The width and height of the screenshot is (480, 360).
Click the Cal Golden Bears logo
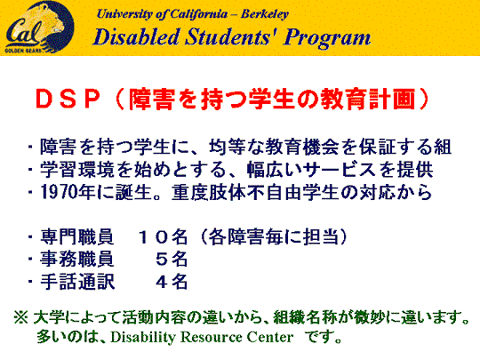[x=39, y=27]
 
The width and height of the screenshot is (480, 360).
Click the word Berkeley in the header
[x=265, y=14]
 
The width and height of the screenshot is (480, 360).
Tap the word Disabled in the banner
[x=136, y=37]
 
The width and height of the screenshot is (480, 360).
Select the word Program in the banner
[x=326, y=38]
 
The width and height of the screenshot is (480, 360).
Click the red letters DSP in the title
[x=68, y=100]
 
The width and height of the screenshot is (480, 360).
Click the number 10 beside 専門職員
[x=153, y=237]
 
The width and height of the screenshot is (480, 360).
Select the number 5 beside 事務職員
[x=162, y=260]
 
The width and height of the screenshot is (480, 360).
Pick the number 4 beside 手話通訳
[x=162, y=282]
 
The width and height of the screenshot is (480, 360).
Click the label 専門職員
[x=77, y=237]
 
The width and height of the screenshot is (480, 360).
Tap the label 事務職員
[x=77, y=260]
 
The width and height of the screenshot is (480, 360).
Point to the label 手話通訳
[x=77, y=282]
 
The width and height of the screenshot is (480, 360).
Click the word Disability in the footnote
[x=143, y=338]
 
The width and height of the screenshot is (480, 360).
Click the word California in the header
[x=199, y=14]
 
